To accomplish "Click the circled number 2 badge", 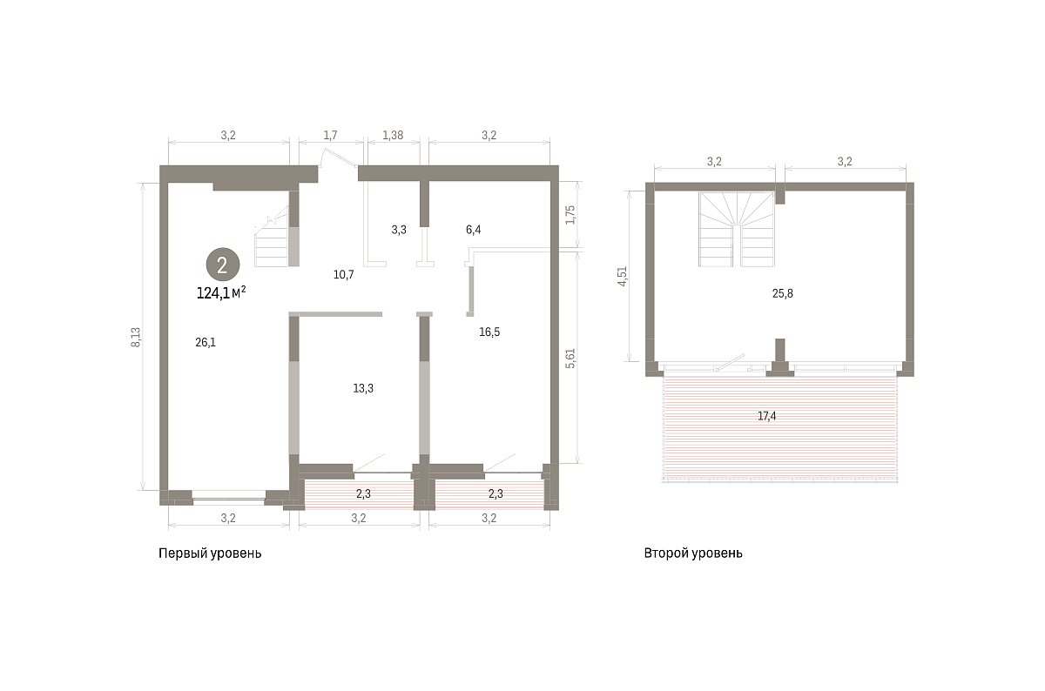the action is click(223, 265).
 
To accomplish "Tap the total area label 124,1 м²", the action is click(221, 292).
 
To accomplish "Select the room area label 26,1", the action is click(206, 343).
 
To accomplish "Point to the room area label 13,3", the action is click(363, 388).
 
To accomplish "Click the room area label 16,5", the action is click(489, 332).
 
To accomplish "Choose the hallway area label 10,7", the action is click(343, 275).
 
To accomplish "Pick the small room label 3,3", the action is click(399, 230).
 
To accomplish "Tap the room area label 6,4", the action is click(473, 230).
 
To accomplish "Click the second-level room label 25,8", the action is click(782, 294).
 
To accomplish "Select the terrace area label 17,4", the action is click(766, 416).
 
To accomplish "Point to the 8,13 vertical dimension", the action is click(136, 337).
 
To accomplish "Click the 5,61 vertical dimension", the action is click(570, 359).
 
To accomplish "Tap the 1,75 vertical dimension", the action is click(570, 215).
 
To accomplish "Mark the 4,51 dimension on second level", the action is click(622, 276).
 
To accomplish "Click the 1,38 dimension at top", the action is click(393, 135).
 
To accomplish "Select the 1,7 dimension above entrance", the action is click(330, 135).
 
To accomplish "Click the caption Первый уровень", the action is click(210, 553).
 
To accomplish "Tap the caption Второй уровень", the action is click(693, 553).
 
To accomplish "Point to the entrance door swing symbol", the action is click(338, 158).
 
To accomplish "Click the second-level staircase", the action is click(737, 230).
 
